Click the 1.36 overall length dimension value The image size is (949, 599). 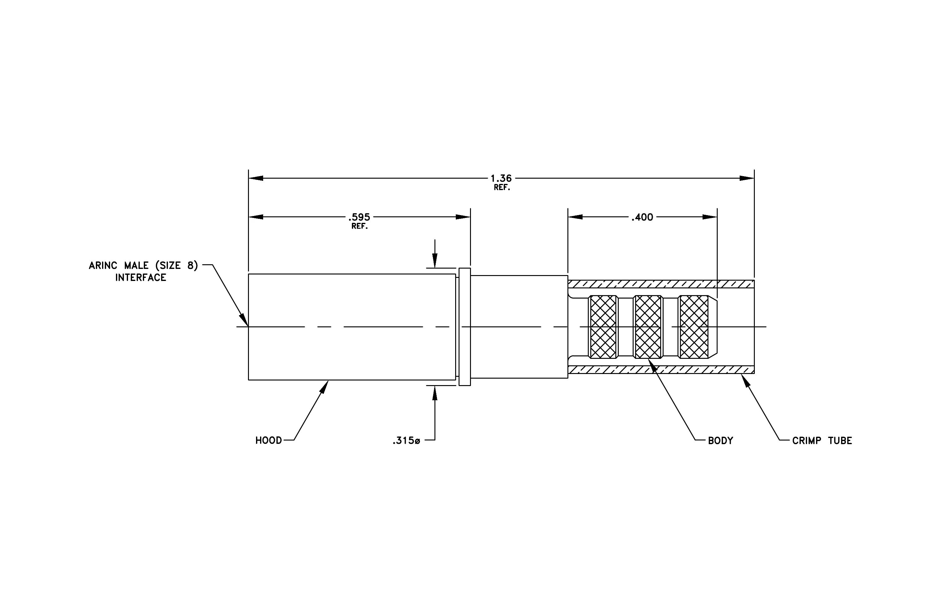tap(501, 178)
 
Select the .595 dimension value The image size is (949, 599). tap(359, 217)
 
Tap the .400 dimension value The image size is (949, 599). tap(642, 217)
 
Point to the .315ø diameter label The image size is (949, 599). tap(406, 441)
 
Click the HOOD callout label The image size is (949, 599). tap(268, 440)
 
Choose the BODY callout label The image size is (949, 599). tap(720, 441)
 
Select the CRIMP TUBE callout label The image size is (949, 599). tap(822, 441)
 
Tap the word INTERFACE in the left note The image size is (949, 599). tap(141, 278)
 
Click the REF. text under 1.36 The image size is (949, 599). tap(502, 188)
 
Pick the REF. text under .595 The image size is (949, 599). tap(359, 227)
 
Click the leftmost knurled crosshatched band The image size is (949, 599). tap(603, 327)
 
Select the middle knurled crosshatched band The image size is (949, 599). tap(648, 327)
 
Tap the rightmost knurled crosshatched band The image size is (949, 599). tap(694, 327)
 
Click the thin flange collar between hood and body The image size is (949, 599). tap(465, 327)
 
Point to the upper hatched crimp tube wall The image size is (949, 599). tap(661, 284)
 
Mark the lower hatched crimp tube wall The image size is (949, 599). tap(661, 369)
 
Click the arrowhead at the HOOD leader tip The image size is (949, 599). tap(324, 387)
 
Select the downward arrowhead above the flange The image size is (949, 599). tap(435, 261)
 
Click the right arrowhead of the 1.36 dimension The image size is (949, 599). tap(747, 178)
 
